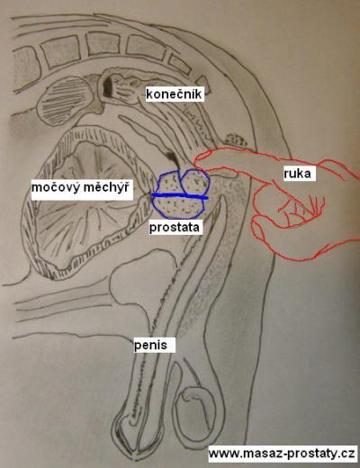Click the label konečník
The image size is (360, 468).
click(175, 94)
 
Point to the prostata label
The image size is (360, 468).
click(175, 227)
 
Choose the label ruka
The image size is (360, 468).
click(297, 174)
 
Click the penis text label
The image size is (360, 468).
click(150, 345)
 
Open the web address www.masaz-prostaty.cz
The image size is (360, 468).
click(282, 454)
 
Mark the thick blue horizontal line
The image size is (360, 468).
click(180, 196)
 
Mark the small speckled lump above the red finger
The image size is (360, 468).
click(237, 140)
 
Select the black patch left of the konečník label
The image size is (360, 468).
click(107, 86)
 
